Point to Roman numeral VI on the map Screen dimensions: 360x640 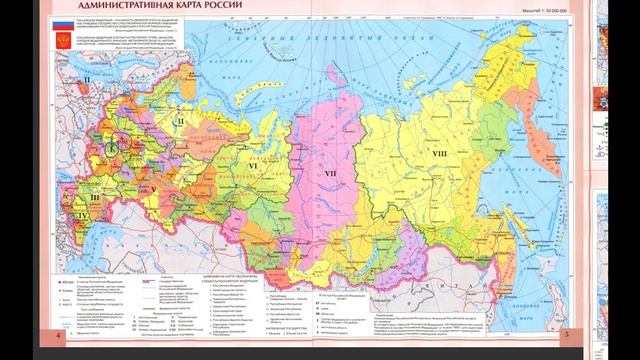point(254,160)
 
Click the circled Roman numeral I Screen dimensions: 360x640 point(112,144)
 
